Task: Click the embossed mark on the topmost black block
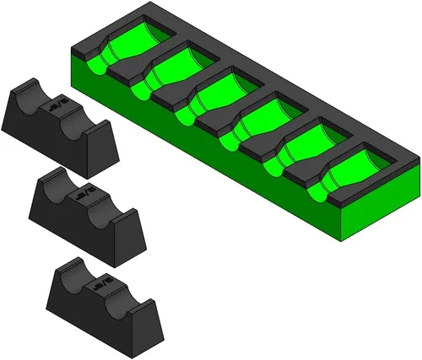57,106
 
